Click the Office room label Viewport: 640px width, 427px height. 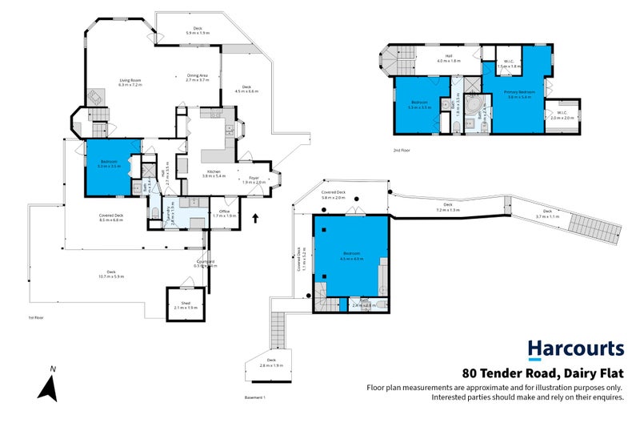click(x=225, y=214)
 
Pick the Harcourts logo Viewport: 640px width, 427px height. click(x=575, y=348)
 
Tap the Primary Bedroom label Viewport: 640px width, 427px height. click(x=519, y=95)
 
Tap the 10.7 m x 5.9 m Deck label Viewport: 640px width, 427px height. click(x=110, y=274)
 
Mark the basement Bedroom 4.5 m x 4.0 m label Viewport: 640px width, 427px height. click(x=351, y=258)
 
